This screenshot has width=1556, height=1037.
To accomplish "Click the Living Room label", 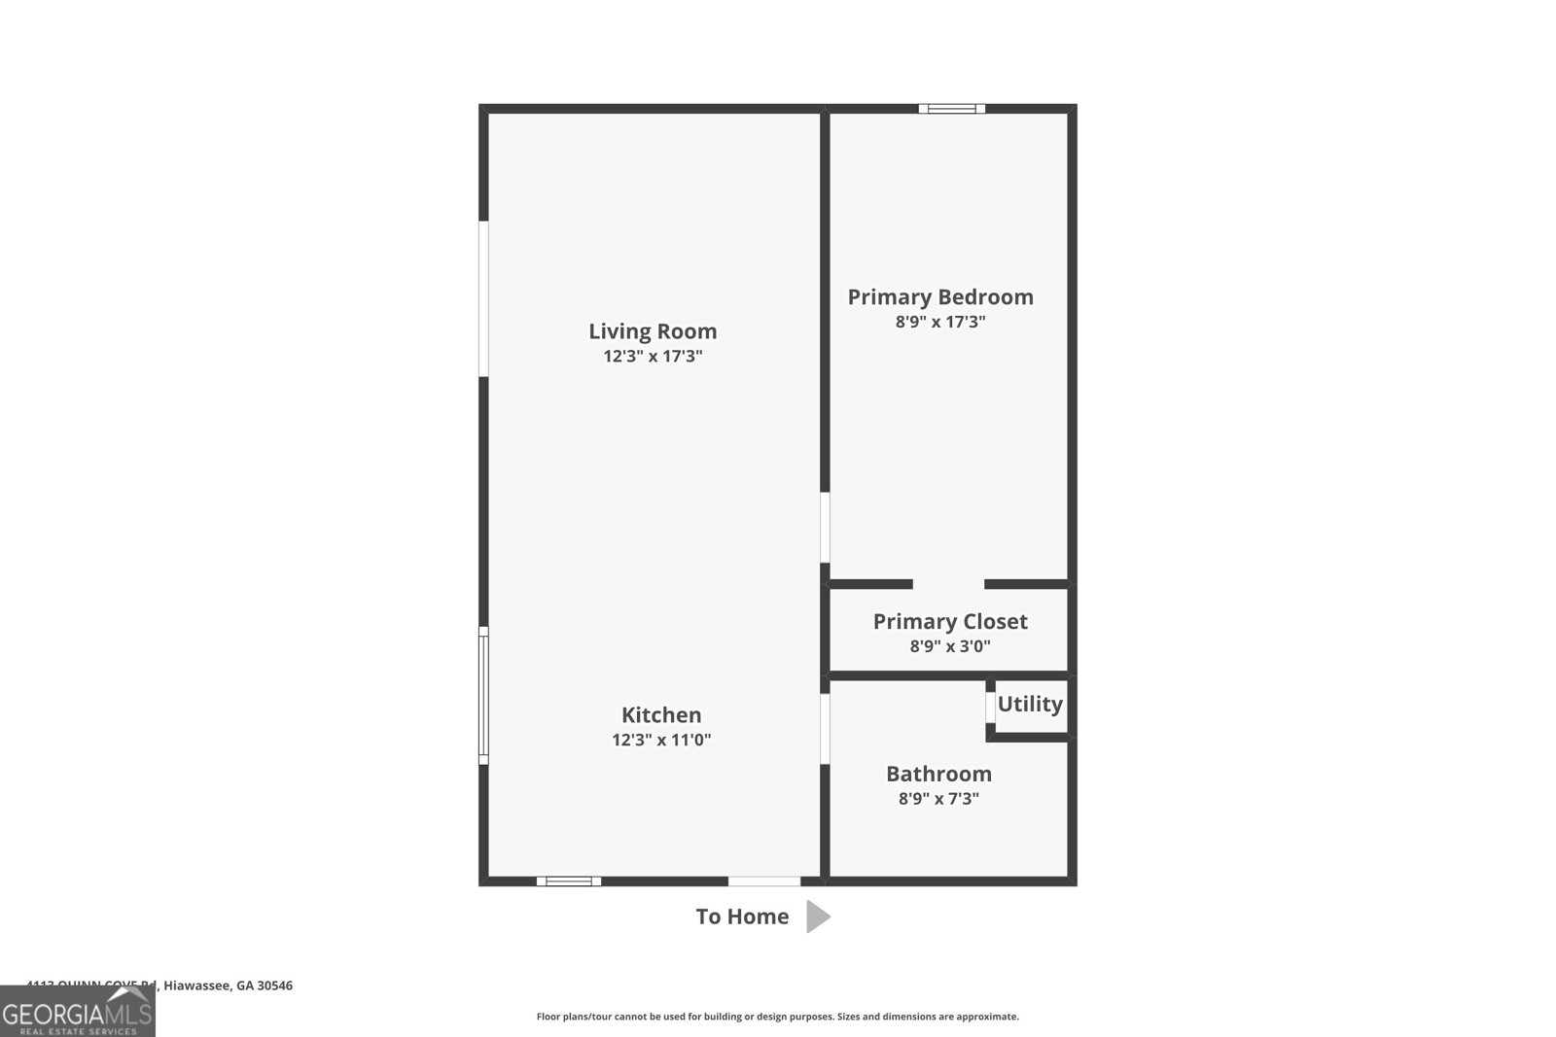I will [x=653, y=331].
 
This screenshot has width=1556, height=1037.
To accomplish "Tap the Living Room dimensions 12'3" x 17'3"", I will [x=653, y=357].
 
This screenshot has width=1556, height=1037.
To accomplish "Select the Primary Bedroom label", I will [x=940, y=297].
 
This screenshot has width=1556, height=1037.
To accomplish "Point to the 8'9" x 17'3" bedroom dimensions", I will [x=940, y=322].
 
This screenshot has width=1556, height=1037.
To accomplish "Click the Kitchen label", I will [x=661, y=715].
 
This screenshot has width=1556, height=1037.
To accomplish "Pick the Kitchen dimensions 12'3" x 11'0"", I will [x=661, y=741].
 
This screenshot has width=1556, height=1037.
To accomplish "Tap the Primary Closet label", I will [x=950, y=622].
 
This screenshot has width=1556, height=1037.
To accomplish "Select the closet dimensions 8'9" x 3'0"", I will [x=950, y=646].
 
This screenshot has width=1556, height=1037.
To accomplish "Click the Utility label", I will [x=1030, y=704].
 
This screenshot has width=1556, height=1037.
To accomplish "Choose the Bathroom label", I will [x=938, y=775].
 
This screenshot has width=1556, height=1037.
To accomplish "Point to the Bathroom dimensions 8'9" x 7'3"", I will [x=938, y=799].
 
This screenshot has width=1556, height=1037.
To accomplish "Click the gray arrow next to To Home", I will [x=818, y=916].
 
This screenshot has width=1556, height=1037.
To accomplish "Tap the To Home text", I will [x=742, y=916].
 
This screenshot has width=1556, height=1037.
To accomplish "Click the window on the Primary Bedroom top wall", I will [x=952, y=109].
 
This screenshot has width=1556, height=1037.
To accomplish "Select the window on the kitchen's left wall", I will [x=483, y=695].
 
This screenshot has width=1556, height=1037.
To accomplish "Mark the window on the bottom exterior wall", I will [x=569, y=881].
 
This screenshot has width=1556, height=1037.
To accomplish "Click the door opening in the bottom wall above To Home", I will [x=764, y=881].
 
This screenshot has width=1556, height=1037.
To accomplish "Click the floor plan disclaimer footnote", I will [x=777, y=1017].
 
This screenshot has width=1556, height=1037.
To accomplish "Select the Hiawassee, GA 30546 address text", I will [x=228, y=985].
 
